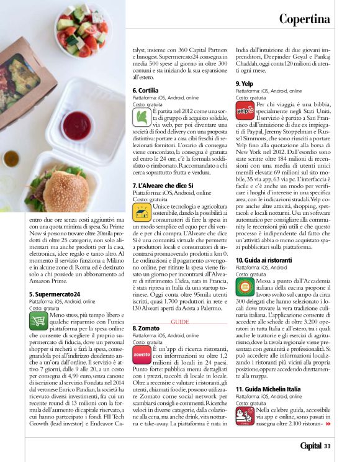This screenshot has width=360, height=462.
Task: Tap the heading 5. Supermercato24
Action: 54,294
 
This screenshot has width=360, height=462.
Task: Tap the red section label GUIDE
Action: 179,322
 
